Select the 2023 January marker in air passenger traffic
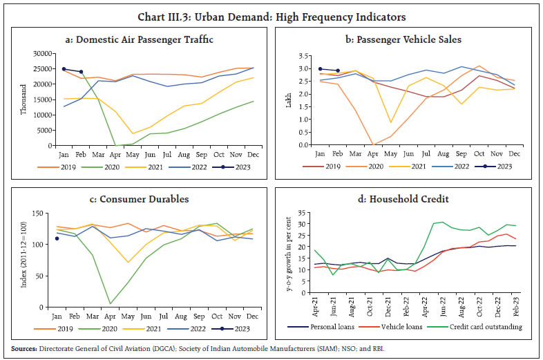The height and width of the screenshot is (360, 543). click(x=64, y=69)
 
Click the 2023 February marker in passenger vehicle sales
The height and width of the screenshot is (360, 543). click(x=337, y=70)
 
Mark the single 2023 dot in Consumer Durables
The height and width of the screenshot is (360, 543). click(x=57, y=238)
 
